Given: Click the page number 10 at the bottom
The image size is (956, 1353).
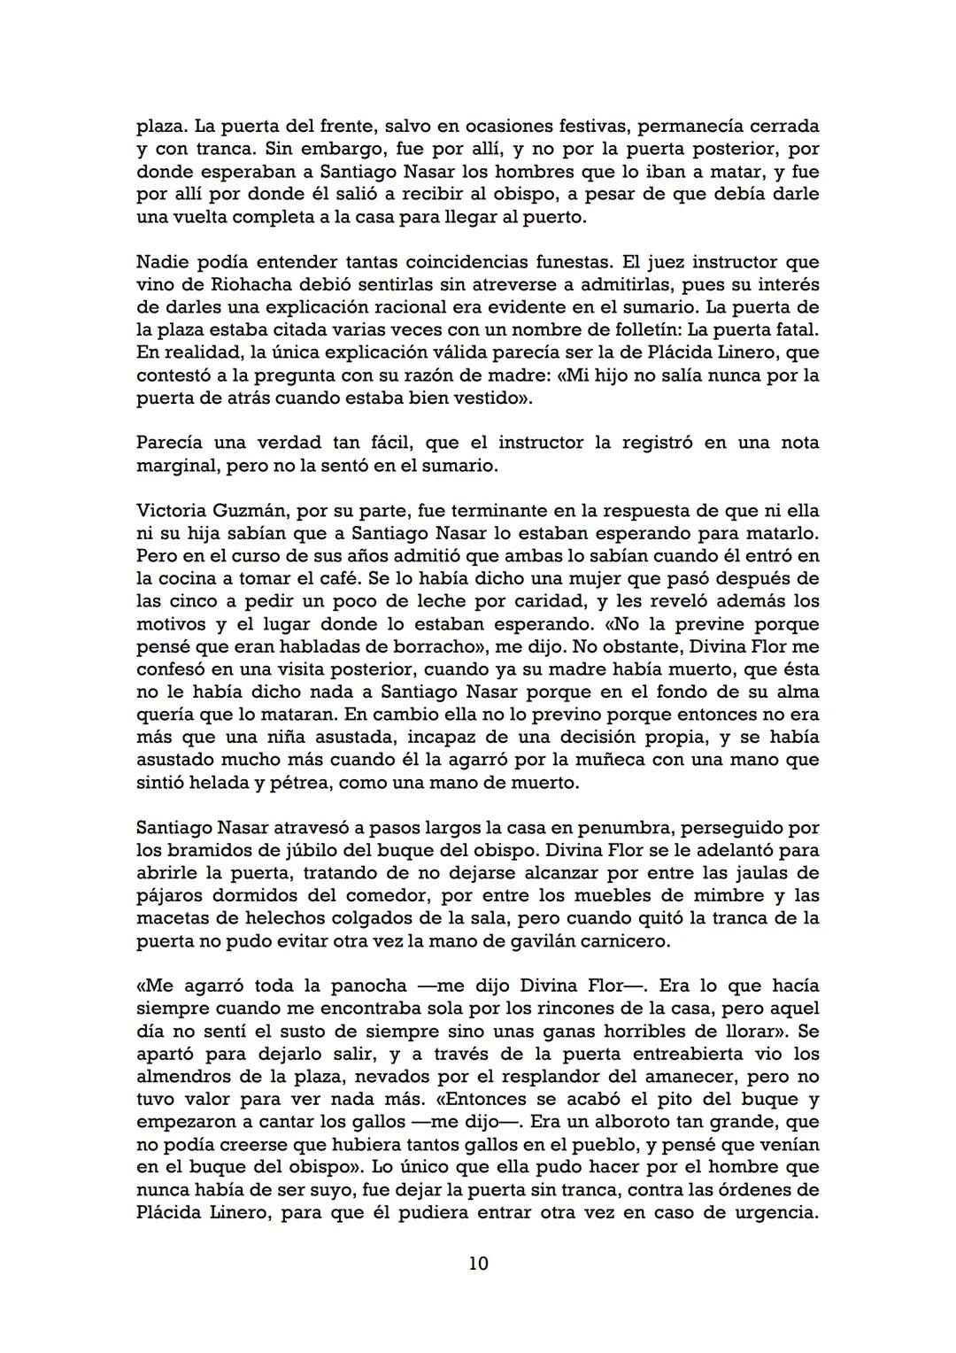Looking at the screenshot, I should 478,1264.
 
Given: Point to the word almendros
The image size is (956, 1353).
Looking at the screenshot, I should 181,1077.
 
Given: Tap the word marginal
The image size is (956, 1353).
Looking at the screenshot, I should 177,466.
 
